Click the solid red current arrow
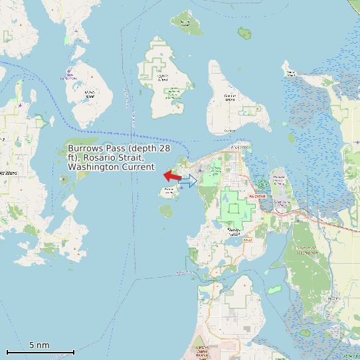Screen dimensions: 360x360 click(172, 176)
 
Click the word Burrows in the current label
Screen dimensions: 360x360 click(85, 147)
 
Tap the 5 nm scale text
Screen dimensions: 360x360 click(39, 345)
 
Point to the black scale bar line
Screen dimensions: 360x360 click(40, 352)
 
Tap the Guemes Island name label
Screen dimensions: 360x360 click(230, 97)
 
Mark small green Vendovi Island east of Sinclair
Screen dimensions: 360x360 click(245, 32)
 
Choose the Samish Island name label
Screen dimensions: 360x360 click(291, 71)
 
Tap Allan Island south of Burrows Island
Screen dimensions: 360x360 click(166, 211)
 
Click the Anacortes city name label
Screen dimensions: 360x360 click(240, 145)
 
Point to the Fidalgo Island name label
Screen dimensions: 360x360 click(233, 231)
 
